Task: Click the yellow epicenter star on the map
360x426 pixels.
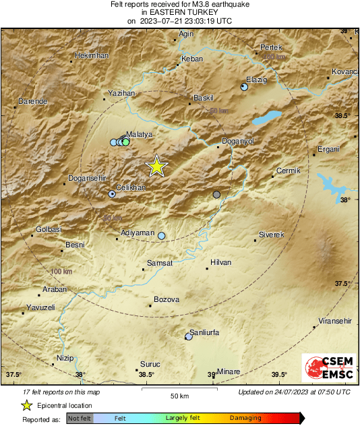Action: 156,165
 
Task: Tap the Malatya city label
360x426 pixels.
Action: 142,135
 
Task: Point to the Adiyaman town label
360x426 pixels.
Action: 137,232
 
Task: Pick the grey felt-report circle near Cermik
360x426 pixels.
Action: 216,195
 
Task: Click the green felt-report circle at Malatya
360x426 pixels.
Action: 125,142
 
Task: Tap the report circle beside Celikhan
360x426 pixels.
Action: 112,194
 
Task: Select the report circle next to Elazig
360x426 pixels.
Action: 244,87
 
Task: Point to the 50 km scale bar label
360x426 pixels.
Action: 179,395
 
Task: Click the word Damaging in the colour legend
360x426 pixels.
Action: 245,418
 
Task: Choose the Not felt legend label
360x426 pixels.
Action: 80,418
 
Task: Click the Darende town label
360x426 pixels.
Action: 32,101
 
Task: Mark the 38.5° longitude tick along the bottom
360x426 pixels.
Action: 146,375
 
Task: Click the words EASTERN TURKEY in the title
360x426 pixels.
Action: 180,12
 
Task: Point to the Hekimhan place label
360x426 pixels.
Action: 91,55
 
